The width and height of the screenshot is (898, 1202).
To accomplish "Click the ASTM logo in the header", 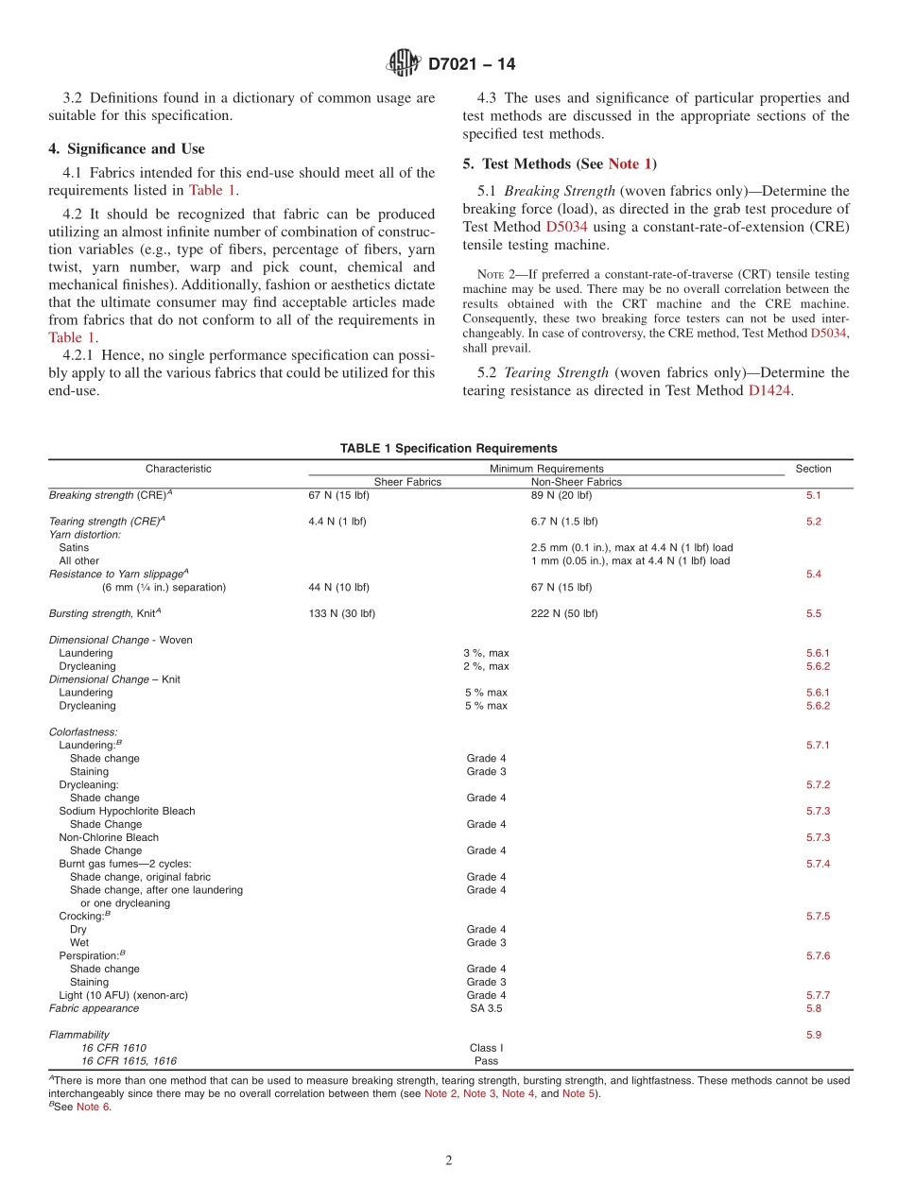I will click(403, 63).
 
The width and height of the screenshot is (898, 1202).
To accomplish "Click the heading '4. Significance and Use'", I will click(126, 148).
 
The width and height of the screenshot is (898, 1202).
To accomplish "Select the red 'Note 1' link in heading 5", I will click(630, 163).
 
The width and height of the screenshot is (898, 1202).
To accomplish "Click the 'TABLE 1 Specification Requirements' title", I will click(449, 448).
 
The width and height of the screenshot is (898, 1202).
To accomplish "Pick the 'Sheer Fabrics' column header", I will click(407, 482).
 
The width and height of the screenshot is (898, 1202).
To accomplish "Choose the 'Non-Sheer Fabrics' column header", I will click(577, 482).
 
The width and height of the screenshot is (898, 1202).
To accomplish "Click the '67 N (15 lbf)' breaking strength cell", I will click(338, 495).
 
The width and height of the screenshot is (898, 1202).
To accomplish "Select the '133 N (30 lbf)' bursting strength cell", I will click(341, 613).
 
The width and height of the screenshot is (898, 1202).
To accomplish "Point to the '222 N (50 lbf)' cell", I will click(564, 613).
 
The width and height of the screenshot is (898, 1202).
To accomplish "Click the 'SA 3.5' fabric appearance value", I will click(486, 1008).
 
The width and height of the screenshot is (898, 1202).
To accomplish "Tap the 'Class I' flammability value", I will click(486, 1048).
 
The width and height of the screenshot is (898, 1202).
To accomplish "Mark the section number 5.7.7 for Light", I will click(818, 995).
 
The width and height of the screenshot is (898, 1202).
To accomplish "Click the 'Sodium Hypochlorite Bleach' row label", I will click(127, 811).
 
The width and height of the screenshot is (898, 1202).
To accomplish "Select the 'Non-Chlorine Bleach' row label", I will click(109, 837).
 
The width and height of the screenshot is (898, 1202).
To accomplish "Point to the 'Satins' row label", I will click(74, 547).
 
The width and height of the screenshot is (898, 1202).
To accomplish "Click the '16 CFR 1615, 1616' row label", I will click(129, 1061).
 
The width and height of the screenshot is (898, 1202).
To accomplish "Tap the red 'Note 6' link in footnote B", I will click(94, 1108).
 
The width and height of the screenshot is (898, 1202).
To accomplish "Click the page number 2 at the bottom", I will click(449, 1160).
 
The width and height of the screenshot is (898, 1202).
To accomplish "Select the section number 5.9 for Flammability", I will click(814, 1035).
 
